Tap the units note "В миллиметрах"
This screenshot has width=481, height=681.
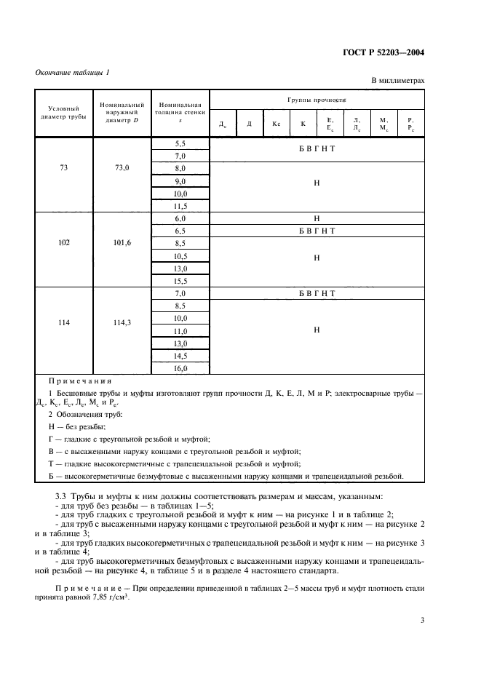coord(397,81)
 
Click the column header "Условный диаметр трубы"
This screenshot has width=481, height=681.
coord(64,111)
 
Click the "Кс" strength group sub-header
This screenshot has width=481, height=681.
coord(277,124)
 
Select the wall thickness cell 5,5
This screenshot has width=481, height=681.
coord(180,143)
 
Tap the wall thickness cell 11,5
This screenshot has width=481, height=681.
coord(180,206)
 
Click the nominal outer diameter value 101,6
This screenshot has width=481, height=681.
coord(122,244)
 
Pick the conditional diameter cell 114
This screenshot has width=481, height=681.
coord(64,324)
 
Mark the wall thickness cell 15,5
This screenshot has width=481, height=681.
coord(180,281)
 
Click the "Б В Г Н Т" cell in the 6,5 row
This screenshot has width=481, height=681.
coord(317,231)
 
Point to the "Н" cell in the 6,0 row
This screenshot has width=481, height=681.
coord(317,218)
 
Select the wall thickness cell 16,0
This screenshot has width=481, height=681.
coord(180,369)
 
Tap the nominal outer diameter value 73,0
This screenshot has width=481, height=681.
coord(122,168)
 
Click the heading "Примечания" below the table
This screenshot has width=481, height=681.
coord(79,381)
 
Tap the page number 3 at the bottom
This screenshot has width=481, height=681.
coord(423,620)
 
